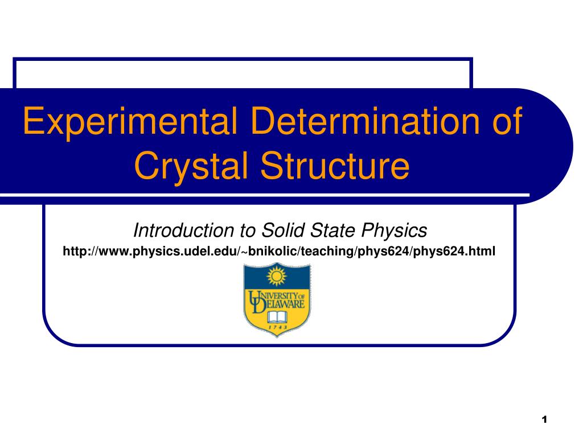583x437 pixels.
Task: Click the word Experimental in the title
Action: pyautogui.click(x=130, y=121)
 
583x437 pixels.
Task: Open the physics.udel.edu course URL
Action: pyautogui.click(x=279, y=251)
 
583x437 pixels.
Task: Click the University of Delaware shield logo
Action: pyautogui.click(x=277, y=299)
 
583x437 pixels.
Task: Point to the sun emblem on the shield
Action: pyautogui.click(x=276, y=276)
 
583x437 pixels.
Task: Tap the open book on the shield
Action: pyautogui.click(x=277, y=318)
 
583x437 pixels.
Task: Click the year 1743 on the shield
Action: pyautogui.click(x=277, y=328)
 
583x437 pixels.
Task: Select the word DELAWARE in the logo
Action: pyautogui.click(x=281, y=305)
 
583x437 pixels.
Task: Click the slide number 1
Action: pyautogui.click(x=544, y=419)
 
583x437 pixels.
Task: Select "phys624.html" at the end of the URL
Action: pyautogui.click(x=454, y=251)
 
